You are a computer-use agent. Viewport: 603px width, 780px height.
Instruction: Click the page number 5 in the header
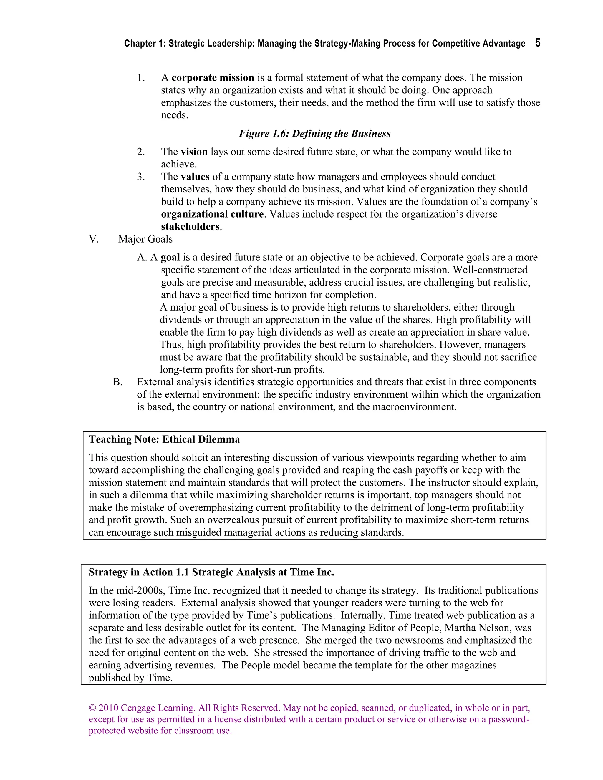pyautogui.click(x=538, y=43)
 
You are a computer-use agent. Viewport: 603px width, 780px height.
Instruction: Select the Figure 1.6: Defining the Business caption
pyautogui.click(x=314, y=134)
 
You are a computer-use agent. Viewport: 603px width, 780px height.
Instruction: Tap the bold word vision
pyautogui.click(x=194, y=152)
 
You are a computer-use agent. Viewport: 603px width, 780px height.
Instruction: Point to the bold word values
pyautogui.click(x=195, y=177)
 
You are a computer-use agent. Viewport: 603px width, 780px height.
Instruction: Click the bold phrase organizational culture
pyautogui.click(x=212, y=214)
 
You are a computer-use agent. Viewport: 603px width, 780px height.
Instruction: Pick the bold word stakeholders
pyautogui.click(x=190, y=227)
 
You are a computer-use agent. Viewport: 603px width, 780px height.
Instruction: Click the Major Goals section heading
pyautogui.click(x=145, y=239)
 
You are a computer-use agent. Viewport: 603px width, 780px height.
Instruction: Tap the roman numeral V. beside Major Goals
pyautogui.click(x=94, y=239)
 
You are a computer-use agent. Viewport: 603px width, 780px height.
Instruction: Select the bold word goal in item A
pyautogui.click(x=170, y=258)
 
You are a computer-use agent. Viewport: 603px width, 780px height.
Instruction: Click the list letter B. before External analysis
pyautogui.click(x=117, y=382)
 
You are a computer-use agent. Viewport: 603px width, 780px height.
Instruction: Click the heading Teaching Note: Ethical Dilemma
pyautogui.click(x=164, y=439)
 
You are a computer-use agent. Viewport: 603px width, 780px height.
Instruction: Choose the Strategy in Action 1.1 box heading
pyautogui.click(x=211, y=572)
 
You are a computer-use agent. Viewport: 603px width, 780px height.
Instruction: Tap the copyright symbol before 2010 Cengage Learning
pyautogui.click(x=92, y=708)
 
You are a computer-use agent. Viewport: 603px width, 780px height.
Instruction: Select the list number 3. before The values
pyautogui.click(x=141, y=177)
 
